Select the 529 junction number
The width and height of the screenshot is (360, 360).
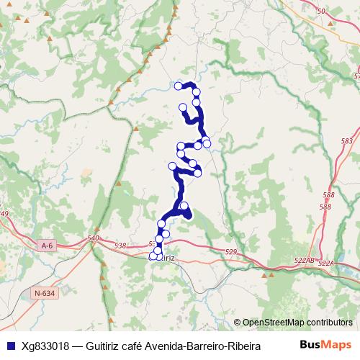[231, 251]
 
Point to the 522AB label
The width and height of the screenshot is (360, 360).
[305, 260]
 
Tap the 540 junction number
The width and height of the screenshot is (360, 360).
[93, 238]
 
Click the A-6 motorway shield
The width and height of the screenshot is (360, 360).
[48, 246]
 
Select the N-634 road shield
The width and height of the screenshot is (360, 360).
[44, 292]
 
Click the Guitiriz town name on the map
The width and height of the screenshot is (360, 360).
[166, 256]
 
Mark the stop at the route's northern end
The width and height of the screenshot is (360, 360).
[179, 86]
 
